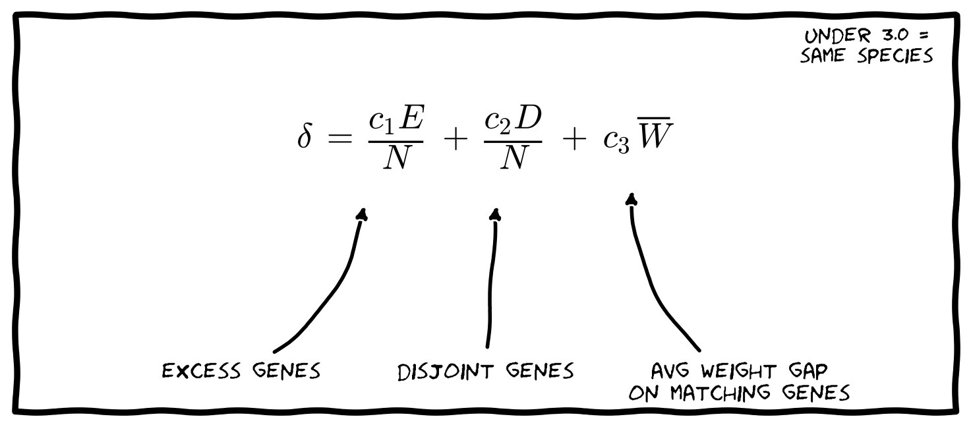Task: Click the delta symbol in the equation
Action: coord(305,136)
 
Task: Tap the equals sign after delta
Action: coord(340,139)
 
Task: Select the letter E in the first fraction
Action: coord(411,117)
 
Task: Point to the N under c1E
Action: coord(397,157)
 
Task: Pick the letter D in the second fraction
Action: coord(529,117)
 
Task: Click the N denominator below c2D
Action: coord(514,157)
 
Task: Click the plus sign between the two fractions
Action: coord(456,140)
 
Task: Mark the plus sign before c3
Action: coord(574,140)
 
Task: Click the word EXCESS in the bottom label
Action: coord(201,371)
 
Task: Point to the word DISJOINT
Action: coord(446,372)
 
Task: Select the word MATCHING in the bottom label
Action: coord(720,393)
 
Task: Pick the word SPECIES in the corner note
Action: coord(895,56)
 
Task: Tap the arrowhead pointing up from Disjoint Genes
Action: coord(496,215)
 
